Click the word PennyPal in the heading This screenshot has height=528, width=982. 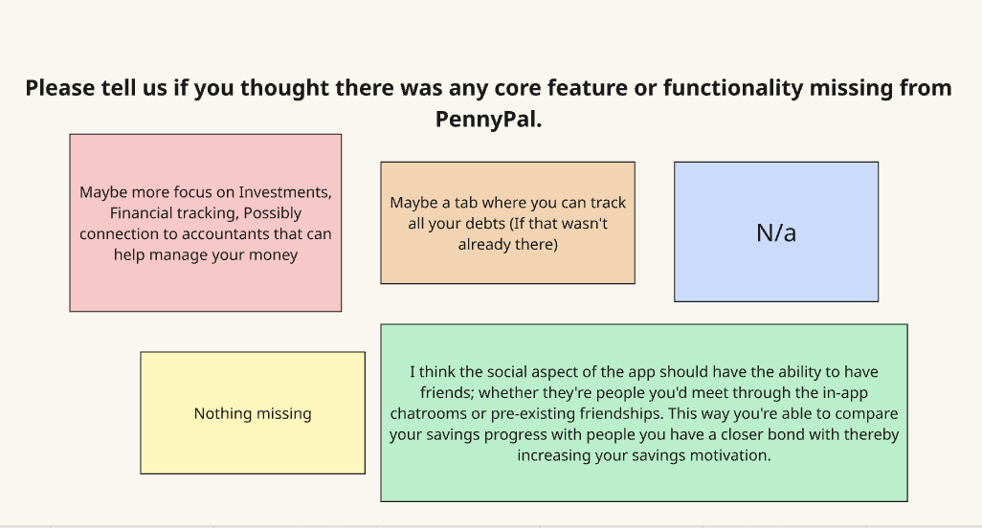(486, 120)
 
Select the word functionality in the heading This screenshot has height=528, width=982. (733, 88)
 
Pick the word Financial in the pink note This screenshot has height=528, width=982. (142, 212)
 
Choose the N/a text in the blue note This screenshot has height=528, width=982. (776, 232)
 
